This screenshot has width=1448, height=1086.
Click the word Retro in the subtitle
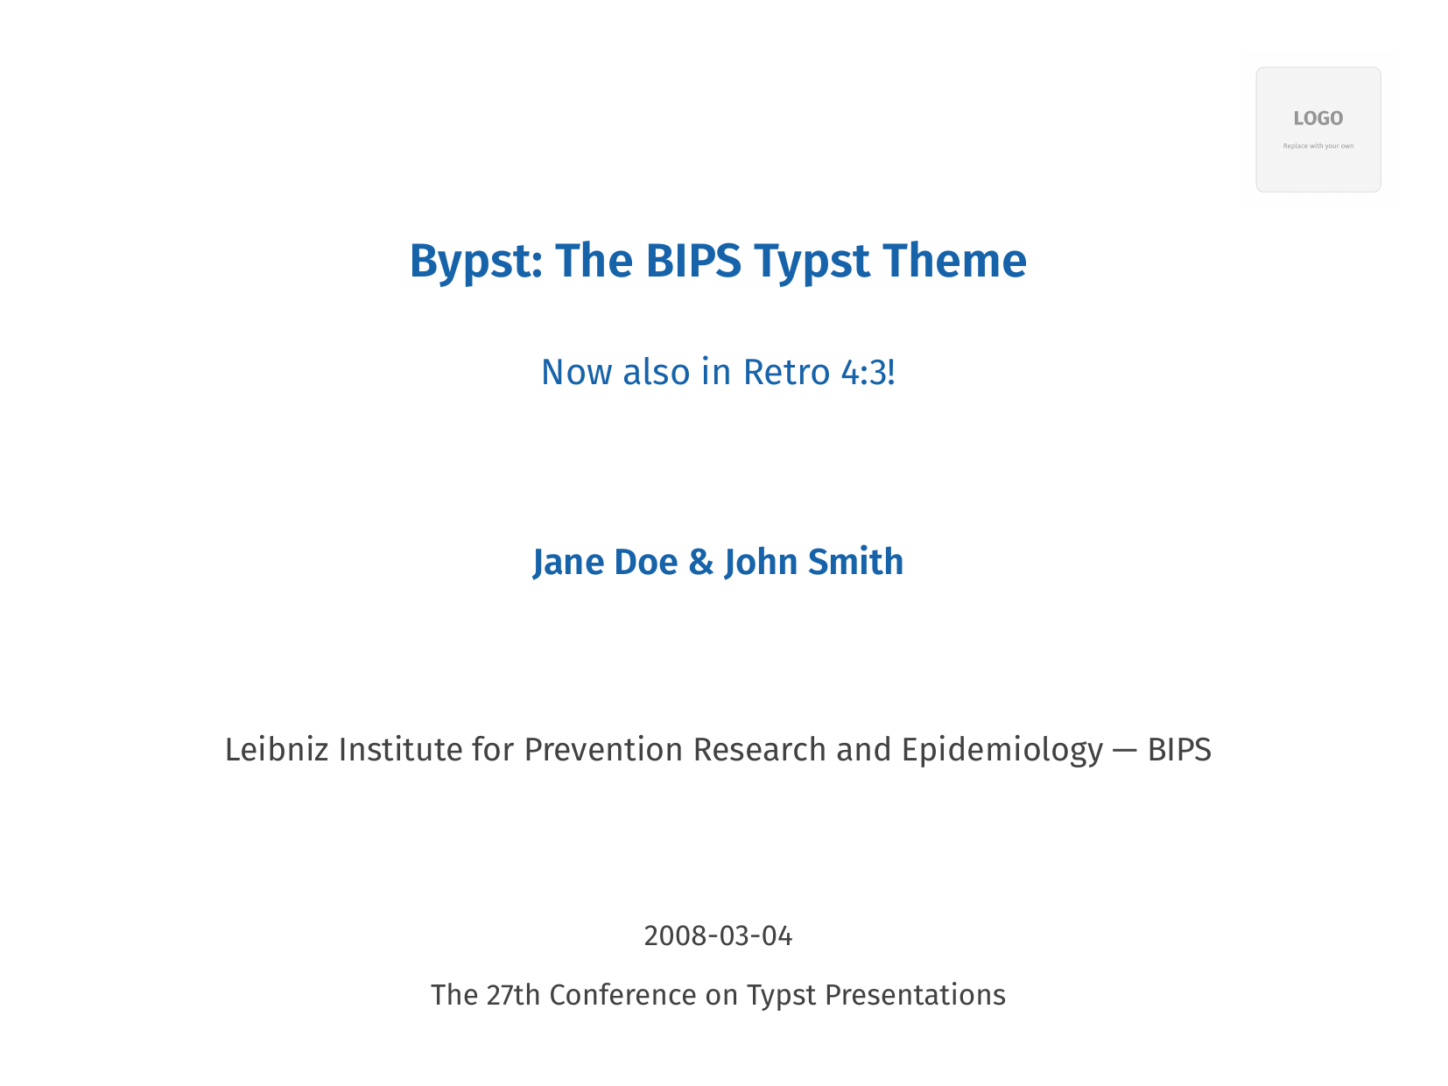coord(785,372)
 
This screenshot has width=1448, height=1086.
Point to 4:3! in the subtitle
coord(868,372)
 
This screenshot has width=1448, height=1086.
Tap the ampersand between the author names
coord(700,562)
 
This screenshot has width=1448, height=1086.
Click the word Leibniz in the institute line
coord(277,750)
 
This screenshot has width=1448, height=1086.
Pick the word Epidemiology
coord(1002,751)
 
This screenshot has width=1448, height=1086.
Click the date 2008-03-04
coord(718,936)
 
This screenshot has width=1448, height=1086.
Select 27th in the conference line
coord(513,996)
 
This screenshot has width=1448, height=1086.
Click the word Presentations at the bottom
coord(915,996)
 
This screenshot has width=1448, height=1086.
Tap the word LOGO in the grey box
coord(1318,119)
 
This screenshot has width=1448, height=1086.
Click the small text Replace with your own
coord(1318,146)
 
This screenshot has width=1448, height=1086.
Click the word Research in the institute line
coord(759,750)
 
